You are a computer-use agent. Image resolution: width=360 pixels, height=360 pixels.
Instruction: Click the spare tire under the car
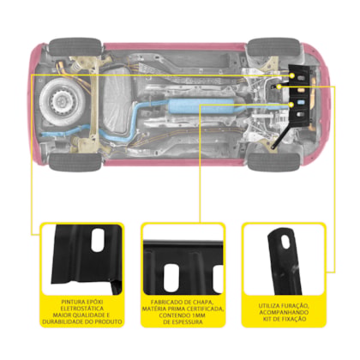[61, 100]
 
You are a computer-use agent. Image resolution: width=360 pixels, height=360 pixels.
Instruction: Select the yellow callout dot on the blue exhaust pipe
[291, 105]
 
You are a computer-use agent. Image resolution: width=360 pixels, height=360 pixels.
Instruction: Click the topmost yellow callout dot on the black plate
[292, 75]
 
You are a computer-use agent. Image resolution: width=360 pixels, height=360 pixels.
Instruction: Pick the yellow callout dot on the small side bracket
[279, 87]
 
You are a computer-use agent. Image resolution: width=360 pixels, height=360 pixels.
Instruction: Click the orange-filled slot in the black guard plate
[302, 90]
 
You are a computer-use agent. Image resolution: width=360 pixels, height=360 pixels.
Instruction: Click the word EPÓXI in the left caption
[94, 302]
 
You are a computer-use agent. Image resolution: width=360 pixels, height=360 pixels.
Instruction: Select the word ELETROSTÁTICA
[82, 309]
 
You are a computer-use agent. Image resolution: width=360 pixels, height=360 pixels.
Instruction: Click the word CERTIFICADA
[205, 309]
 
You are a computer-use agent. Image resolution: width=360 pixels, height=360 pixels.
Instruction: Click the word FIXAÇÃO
[292, 319]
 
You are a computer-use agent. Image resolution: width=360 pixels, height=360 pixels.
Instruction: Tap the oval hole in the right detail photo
[285, 242]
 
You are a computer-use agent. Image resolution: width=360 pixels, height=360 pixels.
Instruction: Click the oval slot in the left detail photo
[98, 240]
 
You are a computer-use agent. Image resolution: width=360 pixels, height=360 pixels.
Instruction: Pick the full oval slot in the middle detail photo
[171, 277]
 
